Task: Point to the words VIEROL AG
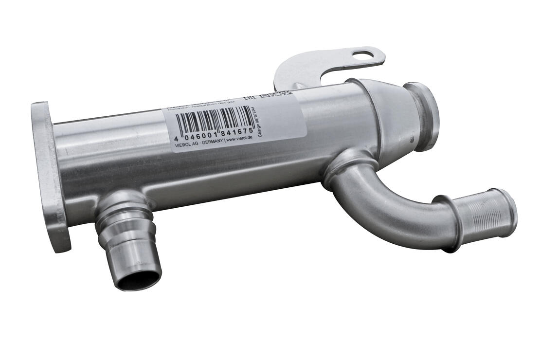pyautogui.click(x=185, y=144)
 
